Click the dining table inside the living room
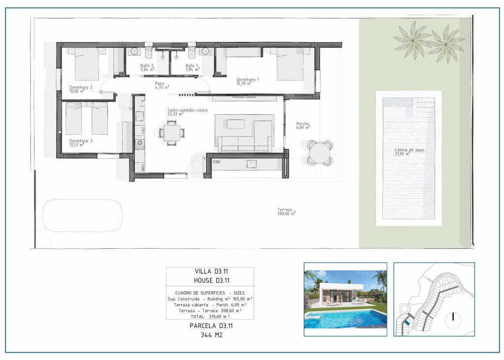tap(172, 132)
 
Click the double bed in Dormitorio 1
tap(290, 64)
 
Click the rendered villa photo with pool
tap(346, 299)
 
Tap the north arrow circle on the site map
tap(452, 317)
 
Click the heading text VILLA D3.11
tap(210, 271)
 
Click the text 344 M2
tap(210, 335)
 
